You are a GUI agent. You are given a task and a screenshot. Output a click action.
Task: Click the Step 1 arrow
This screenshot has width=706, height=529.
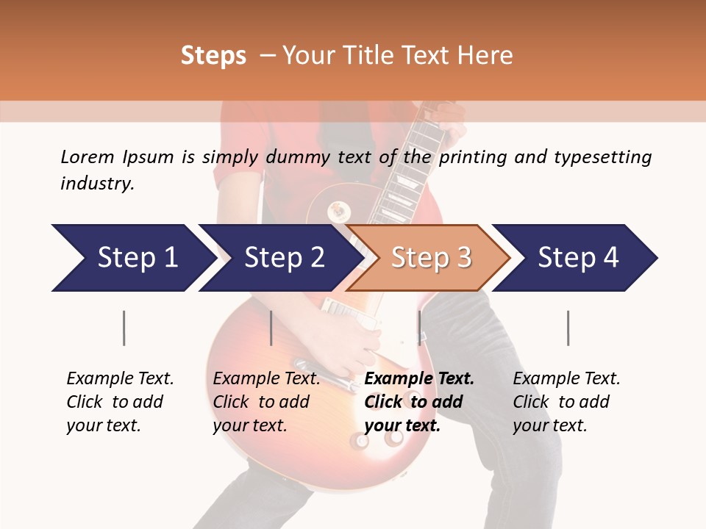point(132,258)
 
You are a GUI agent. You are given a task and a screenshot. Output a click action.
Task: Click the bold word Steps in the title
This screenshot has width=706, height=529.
point(213,56)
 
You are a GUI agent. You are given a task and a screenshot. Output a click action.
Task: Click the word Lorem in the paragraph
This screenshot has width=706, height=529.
point(87,156)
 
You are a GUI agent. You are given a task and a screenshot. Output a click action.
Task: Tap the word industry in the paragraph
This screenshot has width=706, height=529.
point(96,183)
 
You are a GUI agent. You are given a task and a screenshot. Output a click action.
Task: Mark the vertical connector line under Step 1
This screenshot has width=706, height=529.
point(124,328)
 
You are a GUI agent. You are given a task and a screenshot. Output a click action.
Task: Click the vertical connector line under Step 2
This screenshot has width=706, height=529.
point(271,328)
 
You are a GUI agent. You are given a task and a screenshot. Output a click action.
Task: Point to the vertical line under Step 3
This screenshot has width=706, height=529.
point(419,328)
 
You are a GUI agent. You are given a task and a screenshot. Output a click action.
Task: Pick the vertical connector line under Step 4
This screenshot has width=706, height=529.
point(568,328)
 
